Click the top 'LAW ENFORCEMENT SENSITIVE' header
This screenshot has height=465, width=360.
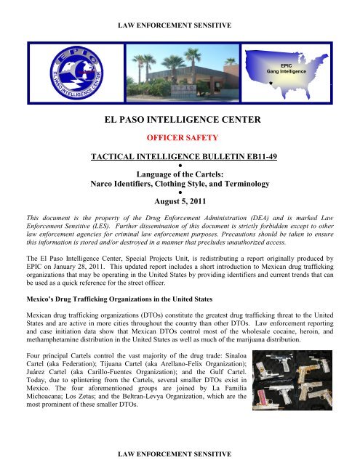point(180,25)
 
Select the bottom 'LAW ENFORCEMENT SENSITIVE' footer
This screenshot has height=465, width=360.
point(180,453)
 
